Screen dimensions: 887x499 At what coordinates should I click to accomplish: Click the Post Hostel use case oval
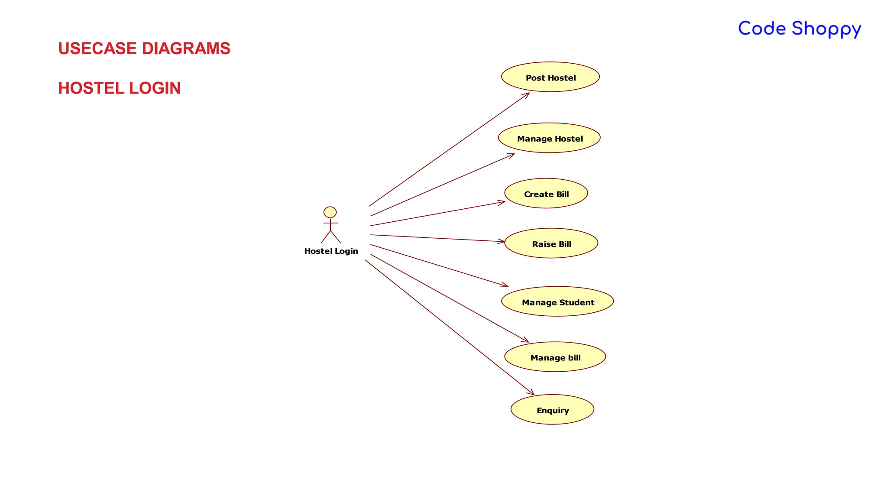point(550,77)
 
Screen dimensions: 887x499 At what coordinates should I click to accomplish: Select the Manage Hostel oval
point(549,138)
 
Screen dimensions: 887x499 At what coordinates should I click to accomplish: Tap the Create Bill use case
point(546,194)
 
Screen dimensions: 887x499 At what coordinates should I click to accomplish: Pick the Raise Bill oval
point(551,243)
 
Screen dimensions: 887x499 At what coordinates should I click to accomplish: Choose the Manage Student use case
point(557,301)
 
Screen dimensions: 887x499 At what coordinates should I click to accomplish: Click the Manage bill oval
point(555,357)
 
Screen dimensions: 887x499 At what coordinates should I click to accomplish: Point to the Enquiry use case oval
point(552,410)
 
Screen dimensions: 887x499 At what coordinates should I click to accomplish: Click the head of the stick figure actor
point(330,212)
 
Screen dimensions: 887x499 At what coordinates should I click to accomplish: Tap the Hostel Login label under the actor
point(331,251)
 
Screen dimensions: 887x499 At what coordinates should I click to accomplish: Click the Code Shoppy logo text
point(800,29)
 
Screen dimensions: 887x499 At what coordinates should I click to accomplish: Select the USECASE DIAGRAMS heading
point(144,49)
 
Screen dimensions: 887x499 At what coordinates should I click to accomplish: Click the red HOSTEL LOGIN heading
point(120,88)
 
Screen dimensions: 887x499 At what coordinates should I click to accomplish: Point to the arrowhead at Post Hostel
point(527,94)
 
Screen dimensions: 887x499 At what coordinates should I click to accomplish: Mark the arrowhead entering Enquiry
point(532,393)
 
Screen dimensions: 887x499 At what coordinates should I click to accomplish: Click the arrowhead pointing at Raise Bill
point(502,241)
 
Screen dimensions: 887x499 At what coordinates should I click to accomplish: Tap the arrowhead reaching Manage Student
point(506,285)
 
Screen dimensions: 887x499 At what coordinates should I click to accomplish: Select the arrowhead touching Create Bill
point(502,202)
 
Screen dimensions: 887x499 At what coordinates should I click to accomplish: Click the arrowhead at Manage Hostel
point(512,155)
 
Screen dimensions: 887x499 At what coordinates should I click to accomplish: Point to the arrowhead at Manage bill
point(526,341)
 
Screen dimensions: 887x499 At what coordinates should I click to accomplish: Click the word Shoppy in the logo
point(826,29)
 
